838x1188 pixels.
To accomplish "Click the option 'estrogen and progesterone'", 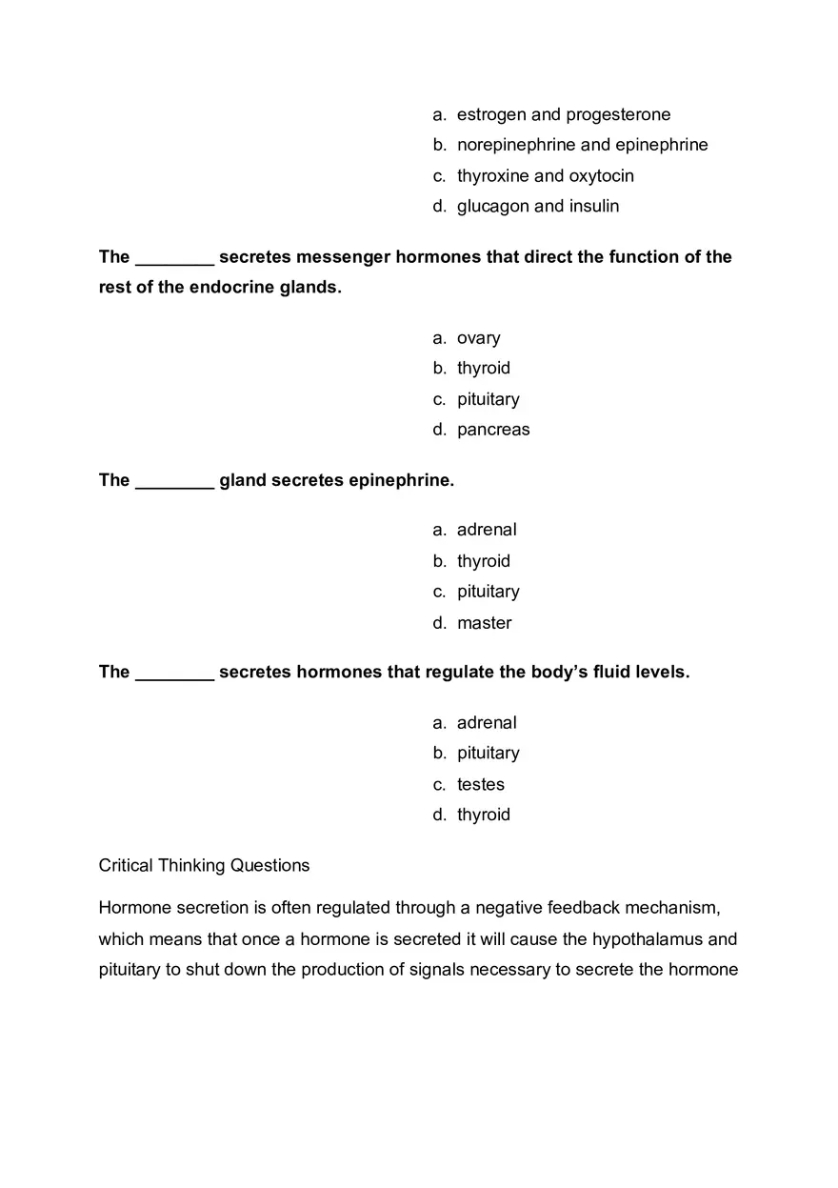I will pyautogui.click(x=563, y=115).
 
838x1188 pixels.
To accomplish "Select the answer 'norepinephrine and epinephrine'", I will pyautogui.click(x=582, y=145).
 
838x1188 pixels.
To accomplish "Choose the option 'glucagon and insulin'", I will pyautogui.click(x=537, y=207).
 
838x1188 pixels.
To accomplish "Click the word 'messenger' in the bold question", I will pyautogui.click(x=342, y=257).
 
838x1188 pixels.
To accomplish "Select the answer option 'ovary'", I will pyautogui.click(x=478, y=338).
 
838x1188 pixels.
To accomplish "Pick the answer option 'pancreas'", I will pyautogui.click(x=493, y=430).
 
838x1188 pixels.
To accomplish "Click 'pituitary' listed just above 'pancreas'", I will pyautogui.click(x=488, y=399).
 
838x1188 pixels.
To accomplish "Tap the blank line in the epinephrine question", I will pyautogui.click(x=174, y=483).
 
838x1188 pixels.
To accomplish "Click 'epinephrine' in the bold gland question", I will pyautogui.click(x=400, y=481).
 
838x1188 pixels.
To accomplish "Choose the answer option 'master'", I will pyautogui.click(x=484, y=623).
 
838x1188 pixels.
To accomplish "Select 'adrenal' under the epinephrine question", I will pyautogui.click(x=487, y=530).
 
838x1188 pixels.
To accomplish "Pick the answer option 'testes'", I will pyautogui.click(x=480, y=785).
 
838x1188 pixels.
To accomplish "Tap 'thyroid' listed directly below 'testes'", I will pyautogui.click(x=483, y=815).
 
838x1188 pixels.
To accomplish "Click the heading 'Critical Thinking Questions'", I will pyautogui.click(x=204, y=866).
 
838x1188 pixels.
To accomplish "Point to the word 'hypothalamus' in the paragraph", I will pyautogui.click(x=647, y=939).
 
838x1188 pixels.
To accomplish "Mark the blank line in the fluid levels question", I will pyautogui.click(x=174, y=675).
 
